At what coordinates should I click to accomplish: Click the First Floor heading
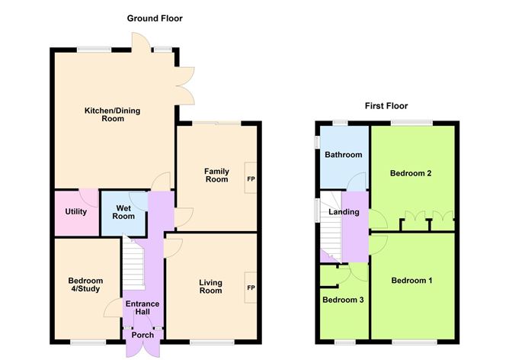386,106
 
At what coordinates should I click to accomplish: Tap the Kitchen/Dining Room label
112,114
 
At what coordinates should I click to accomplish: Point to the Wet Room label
125,212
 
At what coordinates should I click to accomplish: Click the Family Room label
216,175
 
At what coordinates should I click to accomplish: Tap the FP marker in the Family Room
250,179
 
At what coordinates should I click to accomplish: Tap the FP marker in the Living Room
250,288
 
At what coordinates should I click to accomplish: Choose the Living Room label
210,286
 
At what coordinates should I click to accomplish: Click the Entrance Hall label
142,309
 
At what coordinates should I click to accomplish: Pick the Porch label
142,335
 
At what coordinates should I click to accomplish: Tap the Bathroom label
343,155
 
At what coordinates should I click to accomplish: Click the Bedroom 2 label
411,173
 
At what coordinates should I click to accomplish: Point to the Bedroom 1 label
411,280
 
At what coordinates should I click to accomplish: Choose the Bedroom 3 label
342,300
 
